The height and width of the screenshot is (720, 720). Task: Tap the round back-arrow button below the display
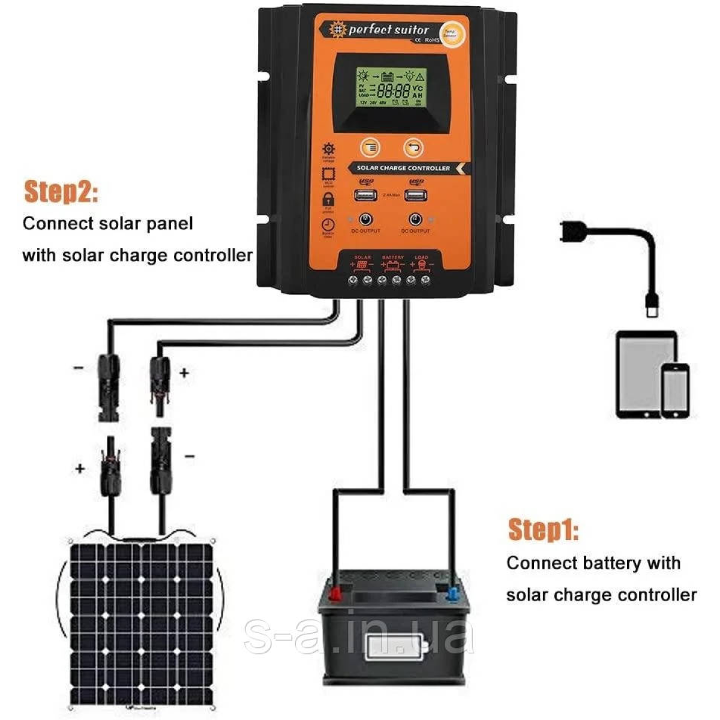tap(413, 146)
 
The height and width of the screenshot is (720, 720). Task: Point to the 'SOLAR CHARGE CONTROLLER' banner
tap(403, 168)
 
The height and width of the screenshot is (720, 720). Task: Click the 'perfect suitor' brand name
tap(388, 29)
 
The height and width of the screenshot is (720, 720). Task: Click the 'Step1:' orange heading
tap(543, 530)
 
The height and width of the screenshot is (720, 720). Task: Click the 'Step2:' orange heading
tap(61, 191)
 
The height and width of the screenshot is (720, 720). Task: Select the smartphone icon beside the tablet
tap(675, 390)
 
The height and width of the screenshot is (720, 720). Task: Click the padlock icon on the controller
tap(329, 199)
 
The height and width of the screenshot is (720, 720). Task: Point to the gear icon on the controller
tap(329, 149)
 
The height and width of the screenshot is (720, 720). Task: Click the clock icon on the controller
tap(329, 225)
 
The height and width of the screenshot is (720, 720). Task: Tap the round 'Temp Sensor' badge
tap(449, 32)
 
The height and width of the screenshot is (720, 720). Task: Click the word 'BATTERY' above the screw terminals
tap(393, 257)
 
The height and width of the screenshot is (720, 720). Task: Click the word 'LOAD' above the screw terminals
tap(421, 257)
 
